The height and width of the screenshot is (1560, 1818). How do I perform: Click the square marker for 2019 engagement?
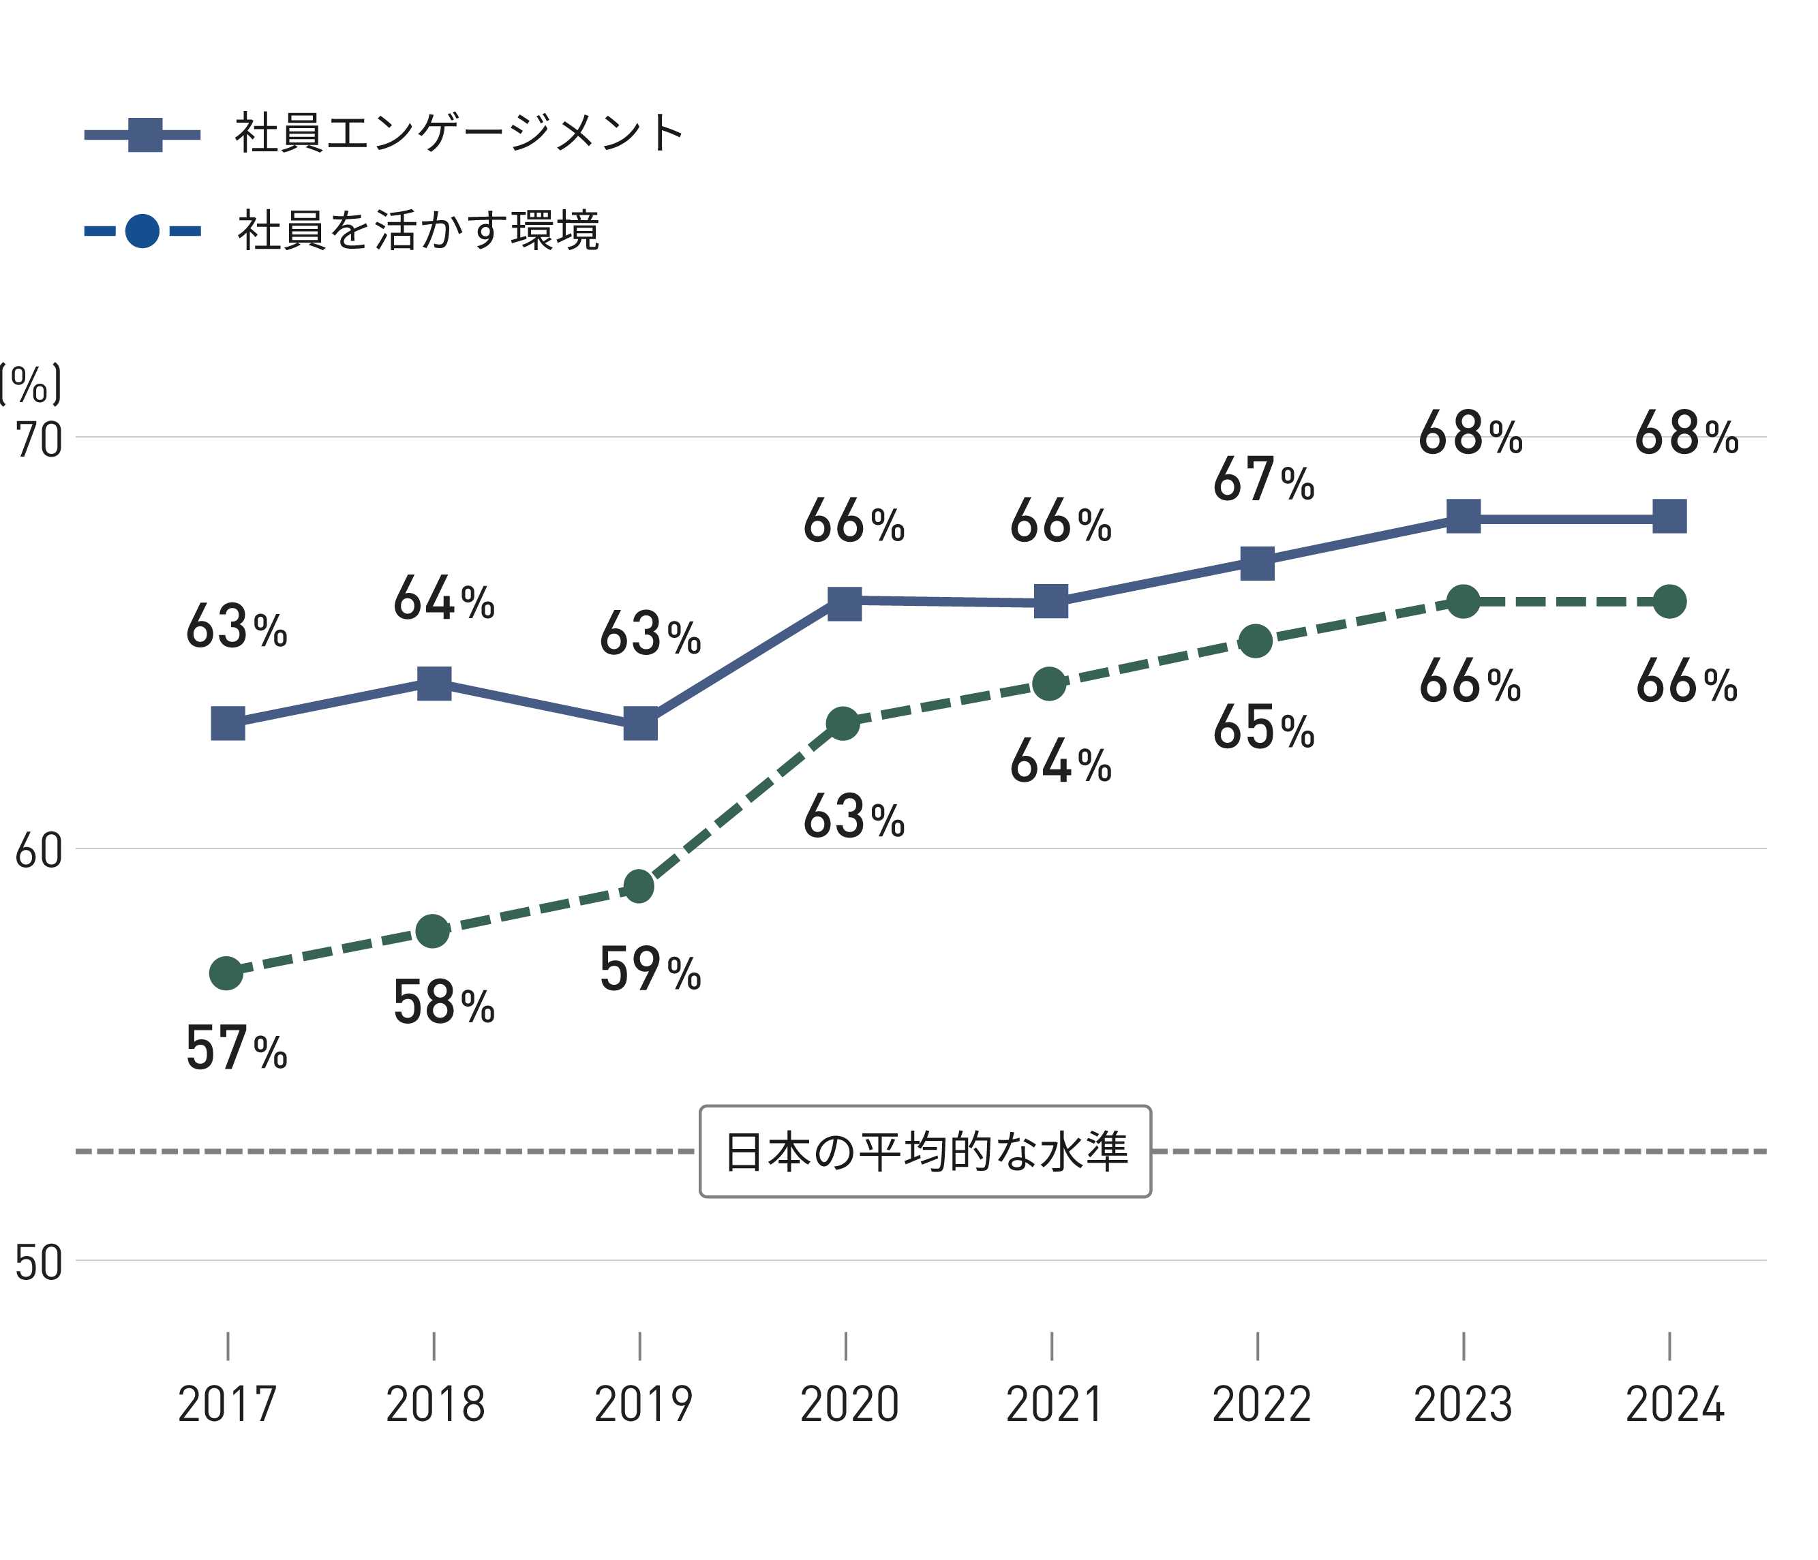641,724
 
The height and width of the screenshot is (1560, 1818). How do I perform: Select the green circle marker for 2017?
226,973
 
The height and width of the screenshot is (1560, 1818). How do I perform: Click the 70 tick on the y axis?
40,440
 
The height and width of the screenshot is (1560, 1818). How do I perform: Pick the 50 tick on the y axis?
39,1264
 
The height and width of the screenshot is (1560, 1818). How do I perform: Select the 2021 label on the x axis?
1054,1404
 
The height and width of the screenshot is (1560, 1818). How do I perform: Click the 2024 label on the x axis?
1674,1404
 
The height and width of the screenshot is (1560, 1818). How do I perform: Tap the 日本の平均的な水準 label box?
925,1151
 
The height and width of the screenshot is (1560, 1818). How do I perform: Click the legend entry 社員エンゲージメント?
458,134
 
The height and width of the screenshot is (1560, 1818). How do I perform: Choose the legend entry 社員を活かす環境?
418,231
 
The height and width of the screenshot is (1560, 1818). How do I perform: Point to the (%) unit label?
31,384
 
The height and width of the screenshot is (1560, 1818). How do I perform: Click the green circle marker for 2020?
843,724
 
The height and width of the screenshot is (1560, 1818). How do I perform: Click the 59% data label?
649,970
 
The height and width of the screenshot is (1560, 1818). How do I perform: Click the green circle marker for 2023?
1463,602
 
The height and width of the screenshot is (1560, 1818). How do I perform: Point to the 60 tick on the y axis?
39,851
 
